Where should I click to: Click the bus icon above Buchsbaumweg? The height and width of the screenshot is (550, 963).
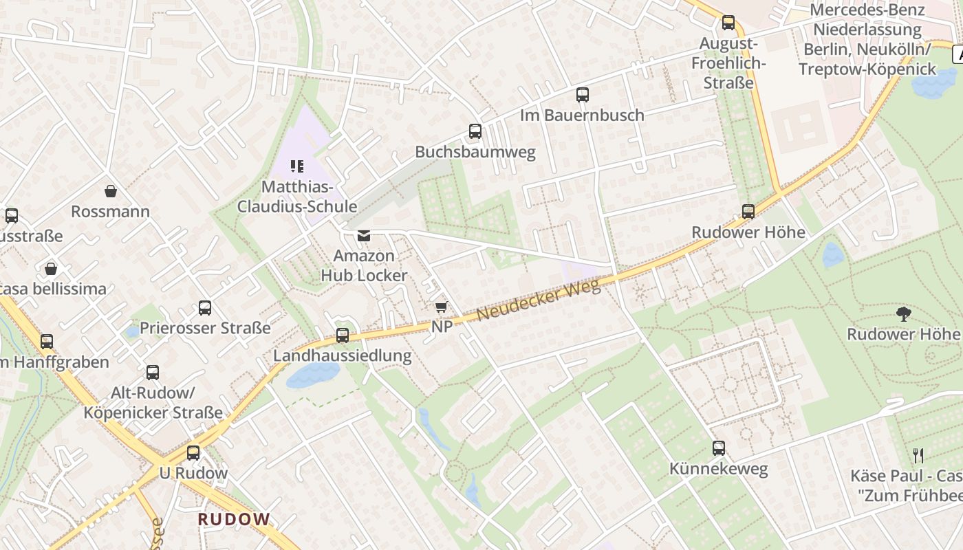pos(475,131)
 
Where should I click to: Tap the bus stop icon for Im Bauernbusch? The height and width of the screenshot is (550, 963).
pos(583,94)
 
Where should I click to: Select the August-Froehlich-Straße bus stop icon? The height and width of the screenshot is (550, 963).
pos(728,23)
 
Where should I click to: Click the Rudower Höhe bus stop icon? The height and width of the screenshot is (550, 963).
pos(748,211)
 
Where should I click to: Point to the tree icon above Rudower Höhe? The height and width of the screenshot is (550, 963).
pos(903,314)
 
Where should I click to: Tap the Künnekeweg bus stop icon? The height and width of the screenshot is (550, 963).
pos(719,448)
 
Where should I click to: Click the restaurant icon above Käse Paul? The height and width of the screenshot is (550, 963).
pos(918,455)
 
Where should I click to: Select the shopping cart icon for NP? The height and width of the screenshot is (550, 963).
pos(441,307)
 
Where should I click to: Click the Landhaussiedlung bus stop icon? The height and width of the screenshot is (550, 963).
pos(343,335)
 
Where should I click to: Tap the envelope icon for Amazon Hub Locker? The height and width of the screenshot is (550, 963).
pos(363,236)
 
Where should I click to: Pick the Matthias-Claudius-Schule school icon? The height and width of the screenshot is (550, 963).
pos(297,166)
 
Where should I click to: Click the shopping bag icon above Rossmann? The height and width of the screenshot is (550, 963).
pos(110,190)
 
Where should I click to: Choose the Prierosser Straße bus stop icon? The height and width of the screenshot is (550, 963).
pos(205,307)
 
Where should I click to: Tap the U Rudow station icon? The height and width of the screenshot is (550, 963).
pos(193,452)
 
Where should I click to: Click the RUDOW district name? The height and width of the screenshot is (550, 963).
pos(235,519)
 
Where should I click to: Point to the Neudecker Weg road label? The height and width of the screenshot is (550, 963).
pos(538,300)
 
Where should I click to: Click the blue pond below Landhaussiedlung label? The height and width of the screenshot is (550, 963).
pos(313,375)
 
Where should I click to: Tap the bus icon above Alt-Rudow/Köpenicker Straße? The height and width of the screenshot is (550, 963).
pos(153,372)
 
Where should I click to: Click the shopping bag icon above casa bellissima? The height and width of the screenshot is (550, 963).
pos(51,268)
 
